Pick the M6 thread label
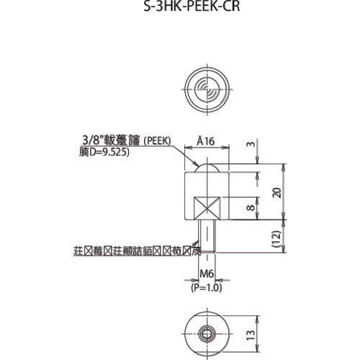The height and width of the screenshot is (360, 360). pos(207,274)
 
